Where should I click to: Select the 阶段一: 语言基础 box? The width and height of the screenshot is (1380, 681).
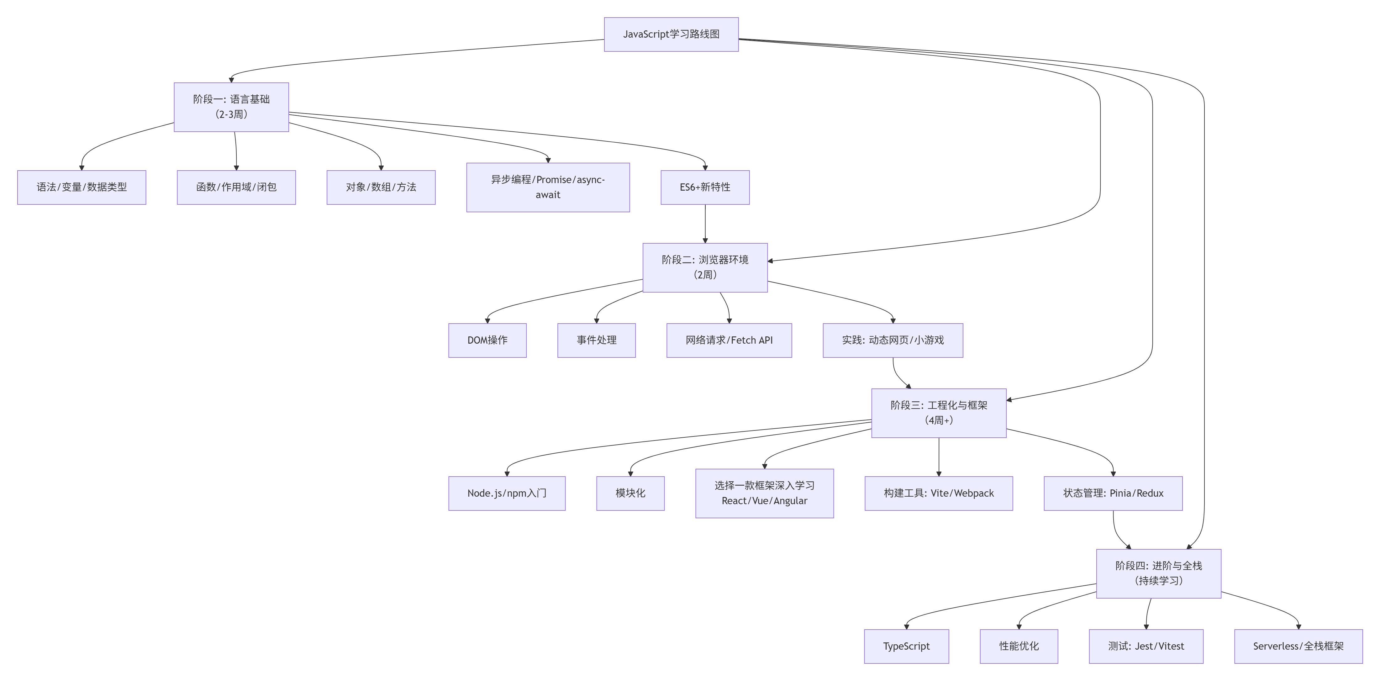pyautogui.click(x=231, y=107)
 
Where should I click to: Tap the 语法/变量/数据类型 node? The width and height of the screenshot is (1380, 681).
pyautogui.click(x=82, y=187)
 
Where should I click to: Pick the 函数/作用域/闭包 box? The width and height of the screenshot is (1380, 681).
pyautogui.click(x=236, y=187)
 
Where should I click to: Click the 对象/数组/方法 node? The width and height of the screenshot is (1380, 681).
pyautogui.click(x=381, y=187)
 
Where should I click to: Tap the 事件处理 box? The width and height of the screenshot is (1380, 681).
pyautogui.click(x=596, y=340)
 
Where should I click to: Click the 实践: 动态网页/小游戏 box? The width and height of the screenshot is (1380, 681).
pyautogui.click(x=893, y=340)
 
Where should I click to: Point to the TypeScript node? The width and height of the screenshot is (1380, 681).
pyautogui.click(x=906, y=646)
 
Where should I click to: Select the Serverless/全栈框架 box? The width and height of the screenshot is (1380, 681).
pyautogui.click(x=1298, y=646)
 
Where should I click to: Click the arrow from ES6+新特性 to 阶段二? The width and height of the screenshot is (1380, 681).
pyautogui.click(x=705, y=224)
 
